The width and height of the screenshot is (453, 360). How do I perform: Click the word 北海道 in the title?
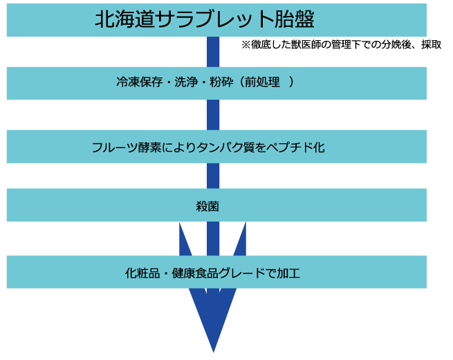coord(125,19)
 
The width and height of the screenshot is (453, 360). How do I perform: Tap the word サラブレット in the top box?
coord(214,19)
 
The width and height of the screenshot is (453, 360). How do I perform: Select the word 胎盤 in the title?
coord(294,19)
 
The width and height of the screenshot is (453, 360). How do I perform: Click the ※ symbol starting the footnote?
coord(246,45)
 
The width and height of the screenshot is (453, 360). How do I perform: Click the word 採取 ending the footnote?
coord(432,45)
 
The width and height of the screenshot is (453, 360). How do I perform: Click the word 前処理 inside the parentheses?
coord(262,82)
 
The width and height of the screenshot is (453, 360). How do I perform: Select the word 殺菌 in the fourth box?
coord(207,207)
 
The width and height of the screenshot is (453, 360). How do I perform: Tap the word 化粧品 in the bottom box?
coord(142,273)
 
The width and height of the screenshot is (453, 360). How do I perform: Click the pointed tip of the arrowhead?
coord(213,352)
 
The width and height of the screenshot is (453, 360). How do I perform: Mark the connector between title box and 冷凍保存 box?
coord(213,52)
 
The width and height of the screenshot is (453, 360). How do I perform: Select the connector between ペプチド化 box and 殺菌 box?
coord(213,176)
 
